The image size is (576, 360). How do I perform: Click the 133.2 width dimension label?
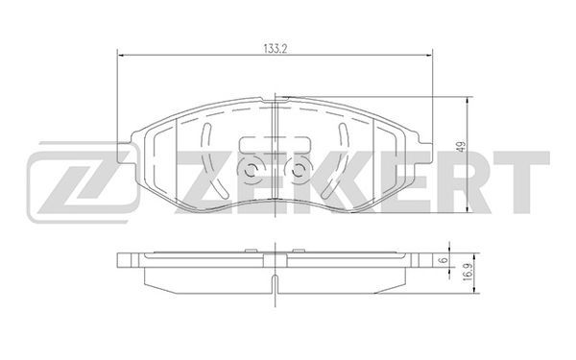pos(275,49)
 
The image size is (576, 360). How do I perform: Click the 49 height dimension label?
pos(462,146)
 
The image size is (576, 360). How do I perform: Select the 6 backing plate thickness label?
pos(444,260)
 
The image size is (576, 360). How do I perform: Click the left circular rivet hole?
pos(251,170)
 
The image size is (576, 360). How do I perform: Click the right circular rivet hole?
pos(298,170)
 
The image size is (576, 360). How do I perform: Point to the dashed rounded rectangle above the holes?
pos(274,144)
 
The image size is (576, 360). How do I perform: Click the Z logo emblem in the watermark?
pos(82,182)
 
